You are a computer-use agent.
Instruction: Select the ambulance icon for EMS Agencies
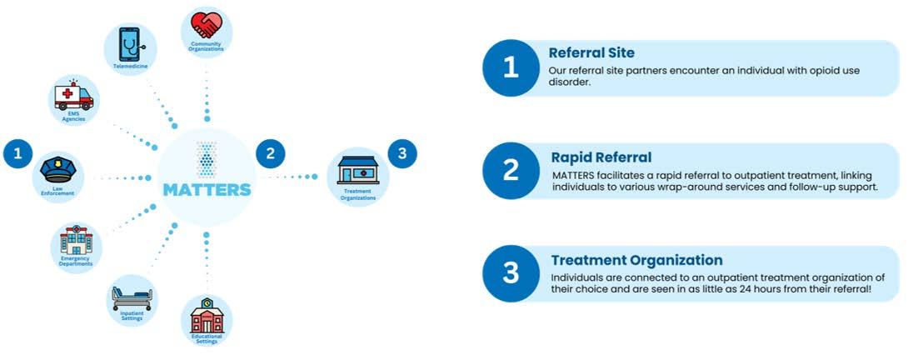pos(74,96)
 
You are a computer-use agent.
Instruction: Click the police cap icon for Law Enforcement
pos(58,172)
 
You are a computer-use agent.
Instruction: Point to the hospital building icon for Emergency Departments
pos(75,242)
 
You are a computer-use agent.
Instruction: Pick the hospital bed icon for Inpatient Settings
pos(132,296)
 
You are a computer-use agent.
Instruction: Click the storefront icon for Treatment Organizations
pos(358,170)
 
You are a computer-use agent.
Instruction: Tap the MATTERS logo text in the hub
pos(207,189)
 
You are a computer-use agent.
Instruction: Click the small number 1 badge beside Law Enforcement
pos(17,153)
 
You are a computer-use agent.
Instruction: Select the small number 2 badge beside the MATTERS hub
pos(269,153)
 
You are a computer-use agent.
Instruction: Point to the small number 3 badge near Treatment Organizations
pos(402,153)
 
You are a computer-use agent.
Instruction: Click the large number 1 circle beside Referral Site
pos(511,68)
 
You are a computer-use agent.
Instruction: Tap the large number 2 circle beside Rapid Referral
pos(511,172)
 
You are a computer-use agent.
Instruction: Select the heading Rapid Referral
pos(601,157)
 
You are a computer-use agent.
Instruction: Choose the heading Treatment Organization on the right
pos(636,260)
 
